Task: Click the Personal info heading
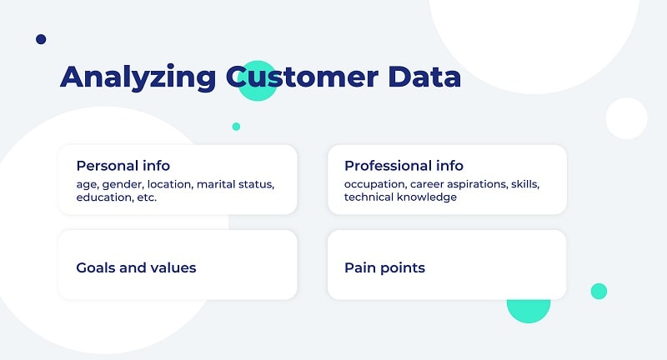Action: click(x=123, y=165)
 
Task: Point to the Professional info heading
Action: click(x=404, y=165)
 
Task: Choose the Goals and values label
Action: click(x=136, y=267)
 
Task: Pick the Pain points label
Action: click(x=384, y=267)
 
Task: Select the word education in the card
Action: click(x=104, y=197)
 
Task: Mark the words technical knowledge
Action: click(x=400, y=197)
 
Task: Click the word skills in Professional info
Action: click(x=525, y=183)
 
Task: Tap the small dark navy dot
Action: click(x=41, y=39)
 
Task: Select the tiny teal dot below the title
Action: click(x=236, y=127)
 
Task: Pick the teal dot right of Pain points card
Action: click(x=599, y=291)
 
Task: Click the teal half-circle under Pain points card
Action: click(x=529, y=310)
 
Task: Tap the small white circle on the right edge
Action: click(x=626, y=118)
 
